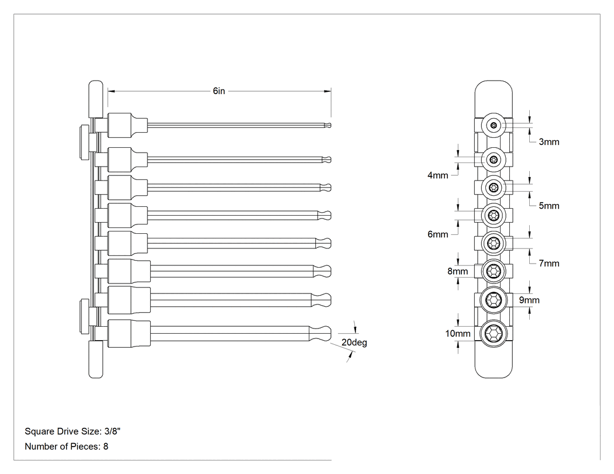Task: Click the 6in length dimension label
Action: [x=219, y=91]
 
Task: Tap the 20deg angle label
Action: [x=354, y=342]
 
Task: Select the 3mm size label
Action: [x=549, y=141]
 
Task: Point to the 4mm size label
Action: [x=438, y=175]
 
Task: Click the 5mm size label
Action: [x=549, y=206]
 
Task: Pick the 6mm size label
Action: [x=438, y=234]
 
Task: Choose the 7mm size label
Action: [x=549, y=263]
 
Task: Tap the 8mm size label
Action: [x=458, y=271]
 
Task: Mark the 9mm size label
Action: [x=529, y=300]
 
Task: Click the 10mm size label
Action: [x=458, y=334]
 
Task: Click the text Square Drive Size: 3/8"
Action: [x=73, y=431]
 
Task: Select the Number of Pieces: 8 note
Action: [x=66, y=446]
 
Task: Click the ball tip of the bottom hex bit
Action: [x=325, y=334]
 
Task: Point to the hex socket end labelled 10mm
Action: [x=494, y=334]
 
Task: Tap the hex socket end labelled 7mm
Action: [x=494, y=244]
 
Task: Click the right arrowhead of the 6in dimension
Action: [x=327, y=91]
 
